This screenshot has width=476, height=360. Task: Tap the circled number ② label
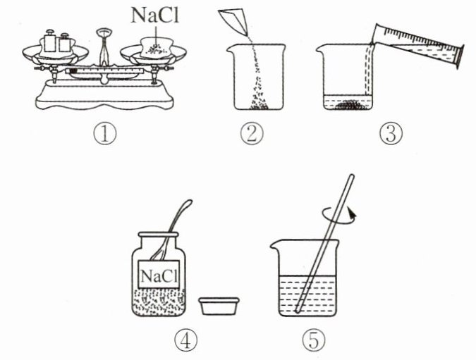coord(252,134)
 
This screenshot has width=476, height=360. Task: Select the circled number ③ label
coord(391,134)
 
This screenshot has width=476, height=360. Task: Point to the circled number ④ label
coord(185,340)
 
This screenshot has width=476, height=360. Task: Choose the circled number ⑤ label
coord(314,340)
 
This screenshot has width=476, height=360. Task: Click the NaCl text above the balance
coord(155,15)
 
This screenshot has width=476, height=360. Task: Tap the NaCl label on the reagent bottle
coord(159,276)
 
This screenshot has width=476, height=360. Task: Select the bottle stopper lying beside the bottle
coord(219,306)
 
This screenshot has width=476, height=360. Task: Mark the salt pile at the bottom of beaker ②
coord(259,105)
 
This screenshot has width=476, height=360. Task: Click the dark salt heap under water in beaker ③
coord(348,105)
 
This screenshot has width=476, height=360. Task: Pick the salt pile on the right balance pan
coord(157,49)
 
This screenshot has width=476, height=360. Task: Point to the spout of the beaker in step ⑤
coord(275,245)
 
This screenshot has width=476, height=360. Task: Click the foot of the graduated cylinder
coord(460,56)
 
